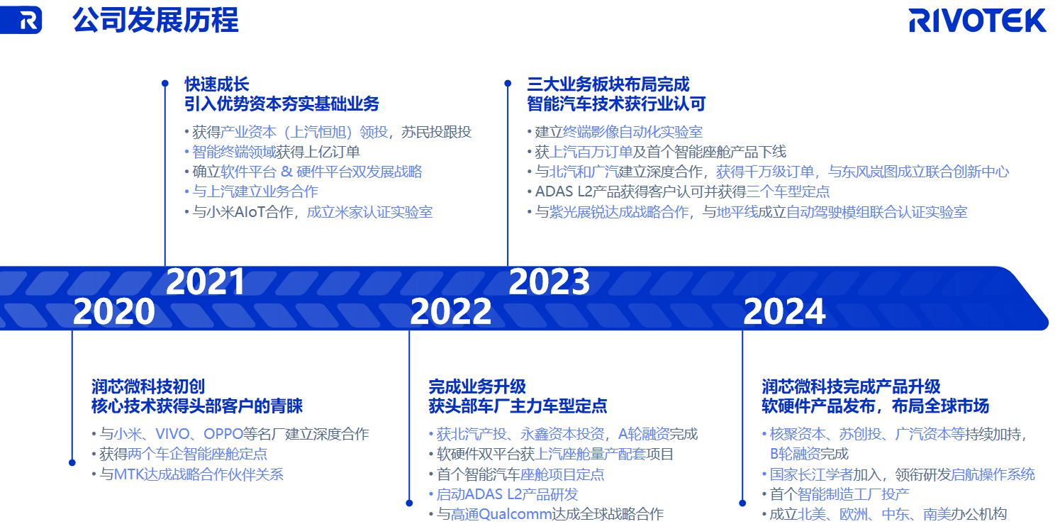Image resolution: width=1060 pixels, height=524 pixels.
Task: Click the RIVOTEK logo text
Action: point(977,21)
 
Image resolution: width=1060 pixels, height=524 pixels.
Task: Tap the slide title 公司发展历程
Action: point(156,21)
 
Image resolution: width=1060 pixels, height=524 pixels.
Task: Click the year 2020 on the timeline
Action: point(114,311)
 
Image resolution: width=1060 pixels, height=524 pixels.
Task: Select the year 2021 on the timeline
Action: point(206,281)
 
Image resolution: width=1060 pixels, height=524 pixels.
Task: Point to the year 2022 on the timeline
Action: point(450,311)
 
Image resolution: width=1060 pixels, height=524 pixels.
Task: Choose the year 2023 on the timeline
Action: point(549,281)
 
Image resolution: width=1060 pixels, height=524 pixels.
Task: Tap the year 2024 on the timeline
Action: point(784,311)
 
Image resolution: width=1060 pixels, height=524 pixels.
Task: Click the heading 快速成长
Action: point(217,84)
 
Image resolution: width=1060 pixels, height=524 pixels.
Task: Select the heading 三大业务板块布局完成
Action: point(608,84)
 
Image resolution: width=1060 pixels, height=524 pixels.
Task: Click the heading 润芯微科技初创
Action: point(148,386)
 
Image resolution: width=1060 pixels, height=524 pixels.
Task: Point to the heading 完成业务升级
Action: point(477,386)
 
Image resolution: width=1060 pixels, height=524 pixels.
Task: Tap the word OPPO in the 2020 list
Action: point(223,433)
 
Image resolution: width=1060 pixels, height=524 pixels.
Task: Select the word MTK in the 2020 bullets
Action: point(129,474)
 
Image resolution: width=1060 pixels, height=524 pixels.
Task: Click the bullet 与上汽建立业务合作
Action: point(255,191)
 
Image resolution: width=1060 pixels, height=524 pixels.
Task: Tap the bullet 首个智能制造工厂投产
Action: point(839,494)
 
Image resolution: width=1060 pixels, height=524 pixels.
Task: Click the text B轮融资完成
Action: point(809,454)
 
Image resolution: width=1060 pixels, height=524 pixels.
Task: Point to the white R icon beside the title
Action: point(28,21)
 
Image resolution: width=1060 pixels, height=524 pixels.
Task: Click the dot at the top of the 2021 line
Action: point(165,83)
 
